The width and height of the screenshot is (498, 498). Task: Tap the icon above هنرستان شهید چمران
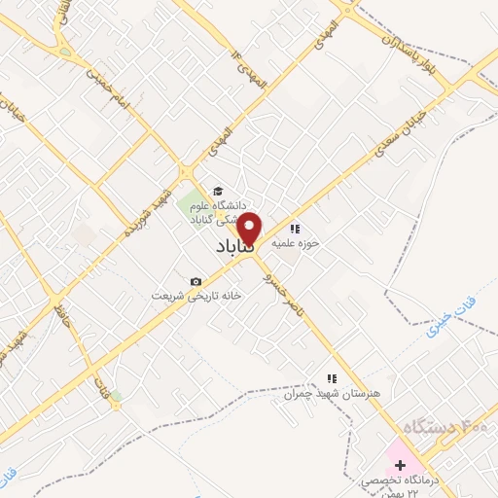(332, 378)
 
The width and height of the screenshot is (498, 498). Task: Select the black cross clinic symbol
(401, 465)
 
